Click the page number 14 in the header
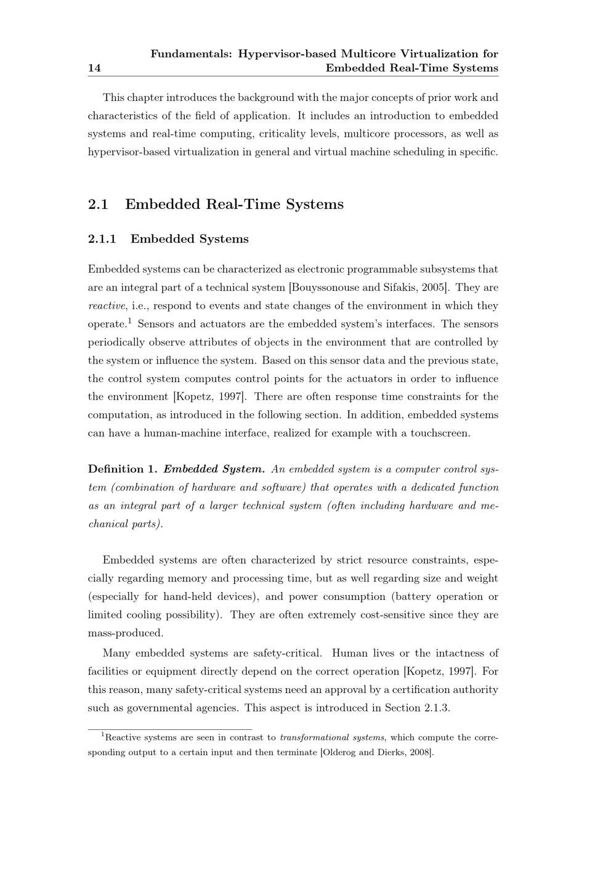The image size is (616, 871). point(94,68)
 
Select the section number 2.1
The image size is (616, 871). point(98,205)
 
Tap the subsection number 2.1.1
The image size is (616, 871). point(102,239)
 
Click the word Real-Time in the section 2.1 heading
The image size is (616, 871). point(245,205)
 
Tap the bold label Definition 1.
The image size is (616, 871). point(123,469)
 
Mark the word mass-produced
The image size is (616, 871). point(126,633)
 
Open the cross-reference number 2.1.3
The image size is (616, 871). point(436,708)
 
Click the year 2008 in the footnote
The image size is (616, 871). point(420,752)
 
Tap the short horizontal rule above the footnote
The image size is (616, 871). point(170,729)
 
